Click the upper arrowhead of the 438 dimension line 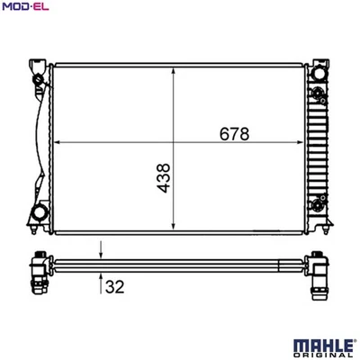(x=172, y=68)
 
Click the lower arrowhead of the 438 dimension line (x=172, y=228)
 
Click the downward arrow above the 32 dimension (x=102, y=256)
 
